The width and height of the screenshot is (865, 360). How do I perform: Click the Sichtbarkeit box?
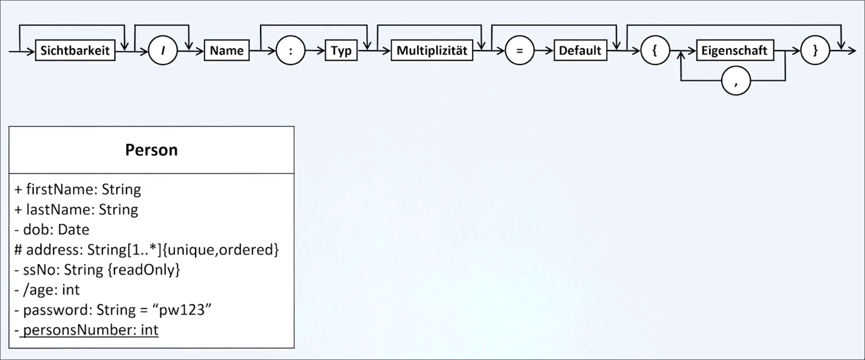coord(75,51)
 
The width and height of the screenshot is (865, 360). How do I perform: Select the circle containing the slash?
coord(163,51)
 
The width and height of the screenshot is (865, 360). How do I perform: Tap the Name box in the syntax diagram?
coord(227,51)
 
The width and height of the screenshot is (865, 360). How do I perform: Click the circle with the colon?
coord(291,51)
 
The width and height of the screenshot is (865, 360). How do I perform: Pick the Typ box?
coord(341,51)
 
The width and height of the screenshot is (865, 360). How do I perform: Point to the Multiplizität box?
coord(432,51)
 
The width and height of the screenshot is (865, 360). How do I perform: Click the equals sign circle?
coord(519,51)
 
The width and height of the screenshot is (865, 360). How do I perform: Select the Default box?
coord(580,51)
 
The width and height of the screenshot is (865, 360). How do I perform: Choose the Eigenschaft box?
coord(734,51)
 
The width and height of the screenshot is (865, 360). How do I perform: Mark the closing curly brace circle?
coord(816,51)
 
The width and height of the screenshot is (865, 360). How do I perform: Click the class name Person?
coord(151,150)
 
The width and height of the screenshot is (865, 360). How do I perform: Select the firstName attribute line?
coord(78,190)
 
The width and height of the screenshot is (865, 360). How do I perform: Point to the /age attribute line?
coord(47,290)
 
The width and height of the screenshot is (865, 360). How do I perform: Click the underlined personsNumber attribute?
coord(90,331)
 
